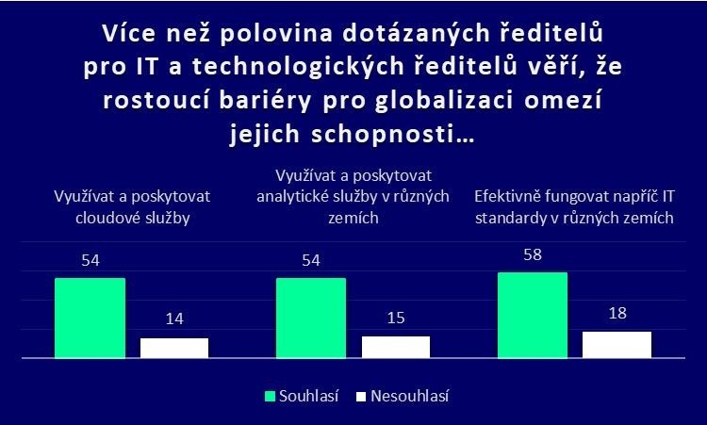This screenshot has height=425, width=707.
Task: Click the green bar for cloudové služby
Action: (x=90, y=318)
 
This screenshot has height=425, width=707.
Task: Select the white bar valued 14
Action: (x=174, y=348)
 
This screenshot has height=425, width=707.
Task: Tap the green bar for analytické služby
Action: (x=311, y=318)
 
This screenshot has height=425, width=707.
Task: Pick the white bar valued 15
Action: (x=396, y=347)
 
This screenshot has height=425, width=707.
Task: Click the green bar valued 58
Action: (x=532, y=315)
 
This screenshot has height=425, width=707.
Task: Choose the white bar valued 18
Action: (x=617, y=345)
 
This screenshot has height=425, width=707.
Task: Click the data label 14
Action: (x=174, y=320)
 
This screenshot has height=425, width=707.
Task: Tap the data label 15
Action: (x=396, y=319)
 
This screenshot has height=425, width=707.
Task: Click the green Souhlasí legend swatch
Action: (x=269, y=396)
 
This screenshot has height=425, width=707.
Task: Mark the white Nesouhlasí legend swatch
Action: (x=360, y=396)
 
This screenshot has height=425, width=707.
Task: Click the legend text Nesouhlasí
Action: (x=409, y=396)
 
